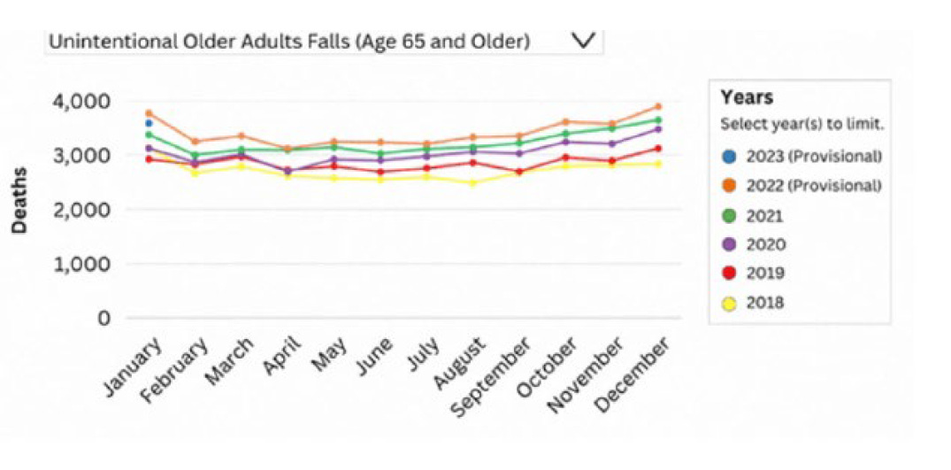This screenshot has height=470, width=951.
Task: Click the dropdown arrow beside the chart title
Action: click(x=582, y=40)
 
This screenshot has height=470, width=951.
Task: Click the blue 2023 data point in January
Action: click(x=149, y=123)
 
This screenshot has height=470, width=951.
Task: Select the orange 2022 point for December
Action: click(x=657, y=106)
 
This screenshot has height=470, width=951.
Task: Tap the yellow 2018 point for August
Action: click(x=472, y=183)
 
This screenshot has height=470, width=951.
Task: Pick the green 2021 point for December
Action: click(x=657, y=119)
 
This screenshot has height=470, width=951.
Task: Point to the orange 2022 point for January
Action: click(x=149, y=113)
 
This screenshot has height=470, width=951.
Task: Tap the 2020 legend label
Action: click(x=766, y=244)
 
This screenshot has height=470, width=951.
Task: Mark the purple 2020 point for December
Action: click(x=657, y=129)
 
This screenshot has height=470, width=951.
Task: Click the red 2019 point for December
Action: click(x=657, y=149)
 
